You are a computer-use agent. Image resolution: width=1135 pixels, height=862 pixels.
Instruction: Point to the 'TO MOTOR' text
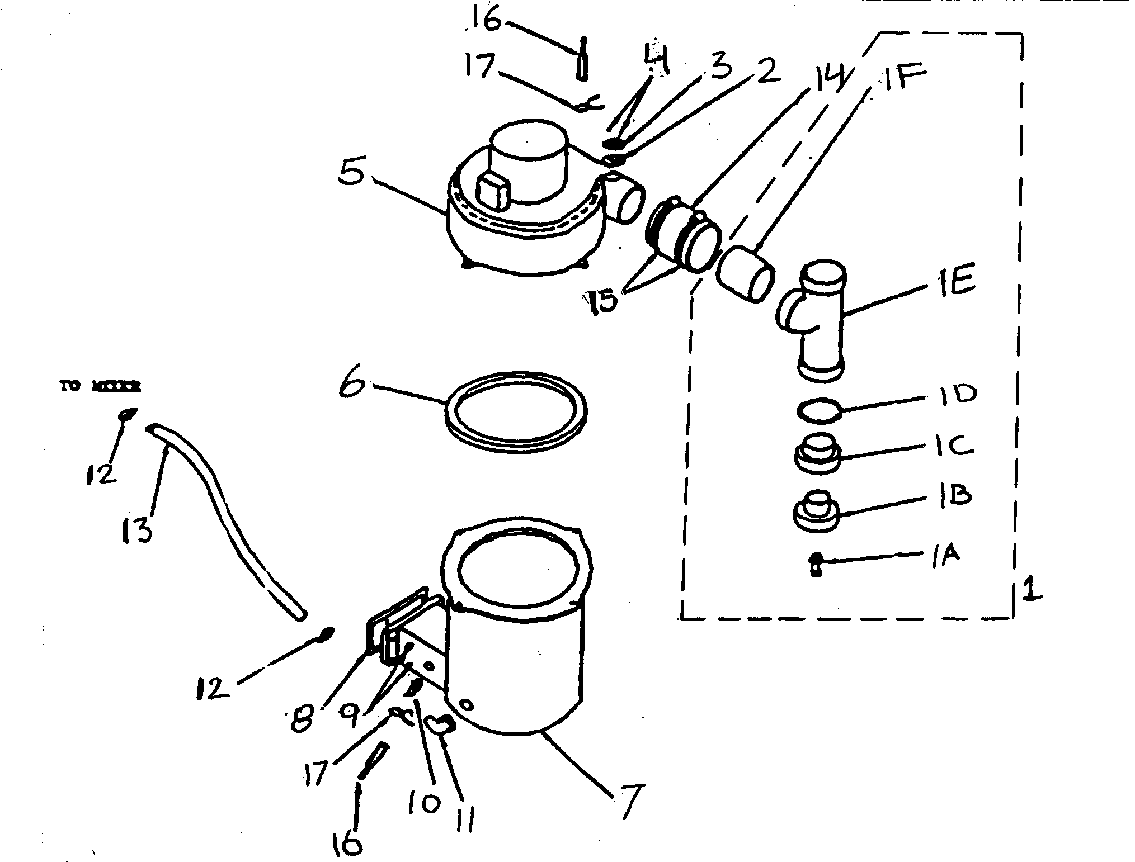(101, 386)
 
